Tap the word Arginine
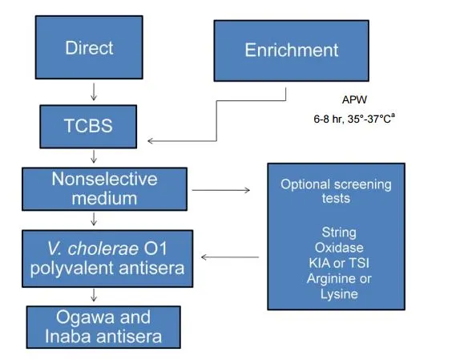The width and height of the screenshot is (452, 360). (329, 279)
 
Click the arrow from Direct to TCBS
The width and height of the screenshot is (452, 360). (94, 90)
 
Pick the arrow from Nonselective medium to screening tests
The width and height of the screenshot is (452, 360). (223, 191)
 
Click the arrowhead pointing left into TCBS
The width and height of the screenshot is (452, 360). (151, 140)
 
